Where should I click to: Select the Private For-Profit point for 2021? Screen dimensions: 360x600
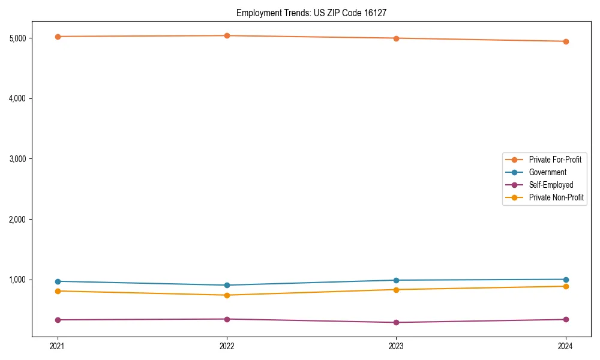click(x=58, y=37)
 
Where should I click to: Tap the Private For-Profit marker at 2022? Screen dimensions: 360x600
click(x=227, y=35)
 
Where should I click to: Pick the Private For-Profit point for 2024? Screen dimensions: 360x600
click(x=566, y=41)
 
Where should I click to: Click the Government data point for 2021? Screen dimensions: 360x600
click(x=58, y=281)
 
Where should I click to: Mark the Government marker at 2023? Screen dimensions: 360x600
click(x=396, y=280)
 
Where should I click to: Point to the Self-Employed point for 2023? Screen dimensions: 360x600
click(x=396, y=322)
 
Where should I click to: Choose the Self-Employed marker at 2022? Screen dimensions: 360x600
click(x=227, y=319)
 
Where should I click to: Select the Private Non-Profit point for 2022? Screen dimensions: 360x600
click(x=227, y=295)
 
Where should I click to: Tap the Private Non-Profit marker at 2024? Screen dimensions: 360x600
click(x=566, y=286)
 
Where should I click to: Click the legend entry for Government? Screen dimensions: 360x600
click(x=547, y=172)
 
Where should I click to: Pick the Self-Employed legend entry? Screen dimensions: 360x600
click(x=551, y=185)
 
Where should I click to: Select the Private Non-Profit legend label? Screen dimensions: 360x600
click(x=556, y=197)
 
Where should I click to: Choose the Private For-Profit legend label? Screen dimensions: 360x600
click(x=555, y=160)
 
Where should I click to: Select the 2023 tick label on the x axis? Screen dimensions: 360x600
click(x=396, y=346)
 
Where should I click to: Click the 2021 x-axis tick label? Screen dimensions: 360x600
click(x=58, y=346)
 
